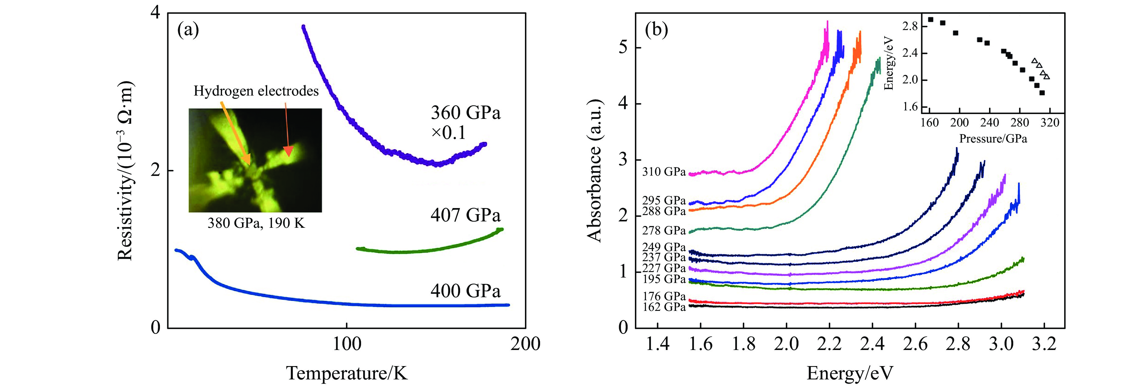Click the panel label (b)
tap(656, 30)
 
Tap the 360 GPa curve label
tap(465, 113)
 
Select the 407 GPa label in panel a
tap(465, 215)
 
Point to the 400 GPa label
tap(465, 291)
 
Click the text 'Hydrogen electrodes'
tap(256, 91)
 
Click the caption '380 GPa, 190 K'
tap(256, 223)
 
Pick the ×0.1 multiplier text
tap(449, 133)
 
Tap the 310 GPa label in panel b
tap(664, 172)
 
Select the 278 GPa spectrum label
tap(664, 231)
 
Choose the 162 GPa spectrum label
tap(664, 307)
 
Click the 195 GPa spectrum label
tap(664, 279)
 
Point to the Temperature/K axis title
tap(347, 373)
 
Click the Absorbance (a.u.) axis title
tap(594, 171)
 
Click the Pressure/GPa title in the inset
tap(993, 139)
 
